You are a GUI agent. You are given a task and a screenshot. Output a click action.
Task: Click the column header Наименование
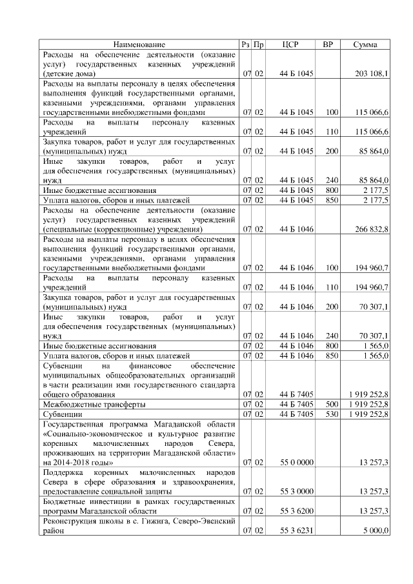pyautogui.click(x=139, y=45)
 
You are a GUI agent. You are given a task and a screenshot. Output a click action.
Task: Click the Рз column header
pyautogui.click(x=245, y=45)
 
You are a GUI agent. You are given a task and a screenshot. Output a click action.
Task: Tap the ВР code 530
pyautogui.click(x=332, y=414)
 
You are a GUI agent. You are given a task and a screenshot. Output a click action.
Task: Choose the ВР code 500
pyautogui.click(x=332, y=404)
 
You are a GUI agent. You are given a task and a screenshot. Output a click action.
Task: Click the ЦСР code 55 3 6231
pyautogui.click(x=296, y=530)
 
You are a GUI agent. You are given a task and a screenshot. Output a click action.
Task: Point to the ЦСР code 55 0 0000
pyautogui.click(x=296, y=462)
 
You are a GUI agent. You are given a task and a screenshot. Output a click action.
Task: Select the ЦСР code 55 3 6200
pyautogui.click(x=296, y=510)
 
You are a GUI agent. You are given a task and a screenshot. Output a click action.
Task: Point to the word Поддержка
pyautogui.click(x=65, y=472)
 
